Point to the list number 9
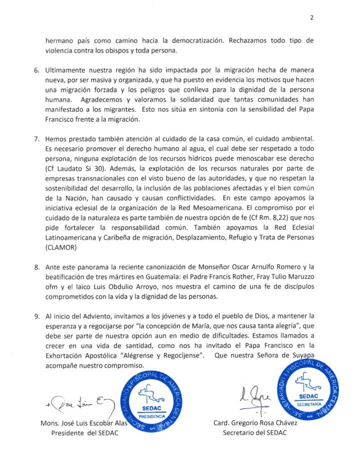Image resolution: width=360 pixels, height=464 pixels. [x=36, y=316]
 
